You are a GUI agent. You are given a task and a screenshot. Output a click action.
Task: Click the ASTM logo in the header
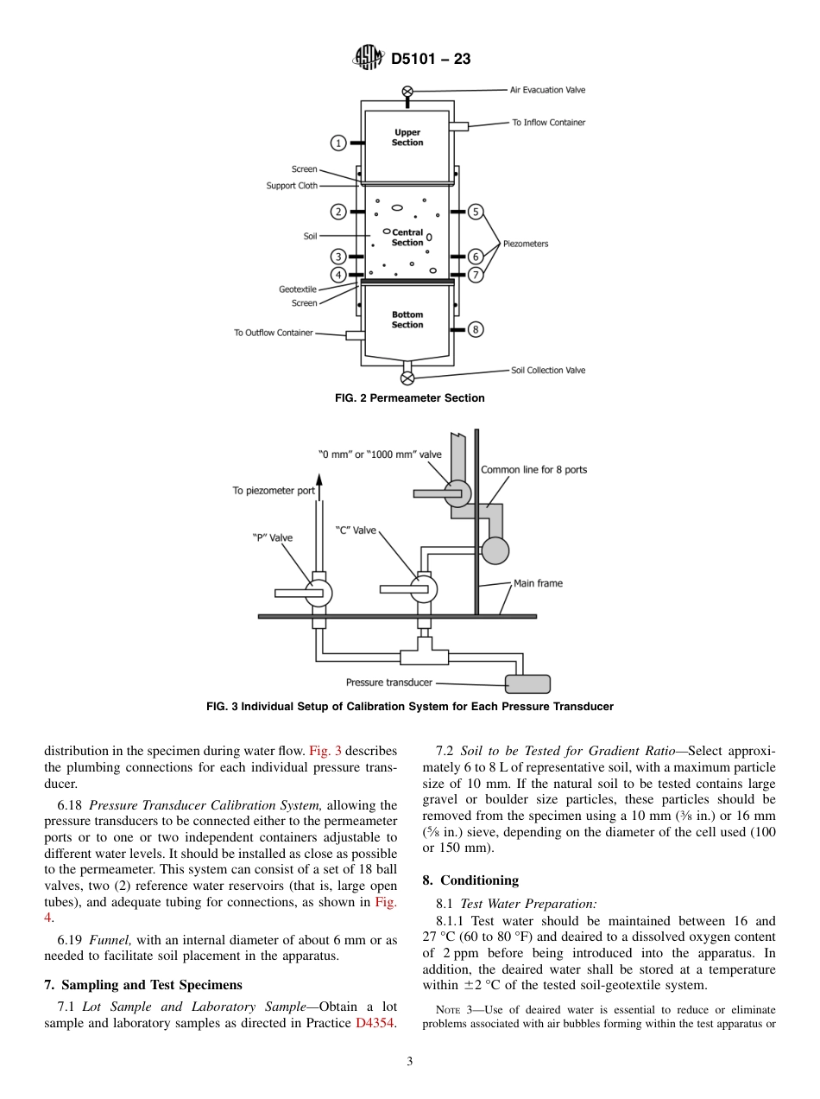tap(369, 59)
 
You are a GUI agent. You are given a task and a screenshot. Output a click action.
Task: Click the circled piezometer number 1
tap(339, 143)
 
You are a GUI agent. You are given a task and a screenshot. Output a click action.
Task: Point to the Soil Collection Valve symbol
tap(407, 378)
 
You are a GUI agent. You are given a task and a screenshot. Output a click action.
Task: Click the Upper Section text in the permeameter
tap(407, 137)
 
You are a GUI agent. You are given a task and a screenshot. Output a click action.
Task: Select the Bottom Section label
tap(407, 320)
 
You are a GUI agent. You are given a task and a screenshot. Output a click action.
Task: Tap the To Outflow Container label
tap(274, 333)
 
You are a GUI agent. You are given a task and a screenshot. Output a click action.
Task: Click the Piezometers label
tap(526, 244)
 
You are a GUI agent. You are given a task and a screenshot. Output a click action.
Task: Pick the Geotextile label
tap(298, 289)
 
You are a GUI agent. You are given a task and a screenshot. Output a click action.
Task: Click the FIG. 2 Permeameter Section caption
tap(409, 398)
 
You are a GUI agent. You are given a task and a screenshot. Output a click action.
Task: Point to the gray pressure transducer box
tap(527, 683)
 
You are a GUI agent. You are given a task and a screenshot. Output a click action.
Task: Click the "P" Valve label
tap(272, 537)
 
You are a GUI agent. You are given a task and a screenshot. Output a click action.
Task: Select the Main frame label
tap(538, 583)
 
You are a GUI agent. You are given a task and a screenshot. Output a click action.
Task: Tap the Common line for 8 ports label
tap(533, 470)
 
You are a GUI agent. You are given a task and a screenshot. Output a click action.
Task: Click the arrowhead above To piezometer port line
tap(319, 480)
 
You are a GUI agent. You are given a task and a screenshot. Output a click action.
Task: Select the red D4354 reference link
tap(375, 1024)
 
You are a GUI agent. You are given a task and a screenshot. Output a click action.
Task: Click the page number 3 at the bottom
tap(410, 1062)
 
